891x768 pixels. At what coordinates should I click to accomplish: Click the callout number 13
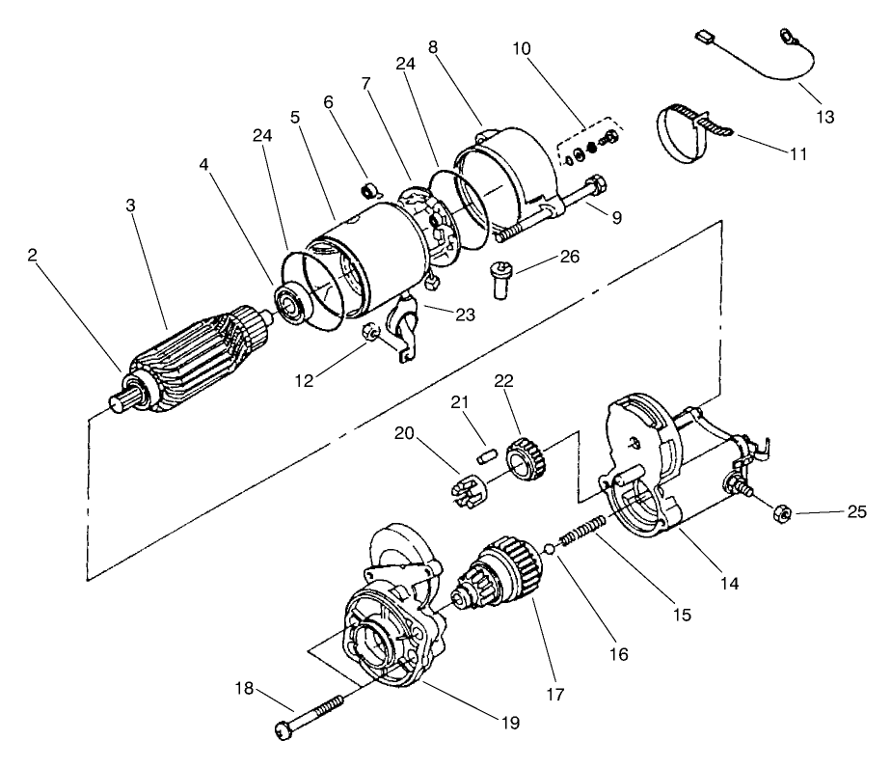pos(824,117)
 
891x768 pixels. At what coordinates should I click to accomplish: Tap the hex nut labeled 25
pos(782,512)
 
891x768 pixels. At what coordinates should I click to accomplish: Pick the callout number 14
pos(730,583)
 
